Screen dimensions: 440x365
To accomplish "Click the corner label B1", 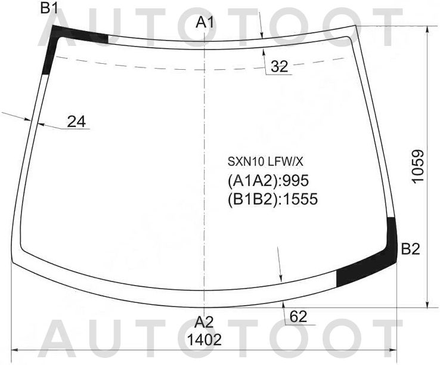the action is [49, 8].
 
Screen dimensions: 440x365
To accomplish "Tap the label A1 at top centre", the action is [205, 22].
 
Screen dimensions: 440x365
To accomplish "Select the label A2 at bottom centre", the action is [204, 322].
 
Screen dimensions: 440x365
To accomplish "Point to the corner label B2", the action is [411, 249].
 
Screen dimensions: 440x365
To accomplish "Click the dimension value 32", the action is [280, 67].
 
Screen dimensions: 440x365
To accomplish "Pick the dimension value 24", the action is [76, 122].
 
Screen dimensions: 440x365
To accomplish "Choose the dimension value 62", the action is [298, 317].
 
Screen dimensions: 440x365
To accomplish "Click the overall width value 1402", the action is [204, 340].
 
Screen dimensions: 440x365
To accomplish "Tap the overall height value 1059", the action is [418, 166].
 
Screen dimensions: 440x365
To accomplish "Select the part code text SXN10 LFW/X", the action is [265, 162].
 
